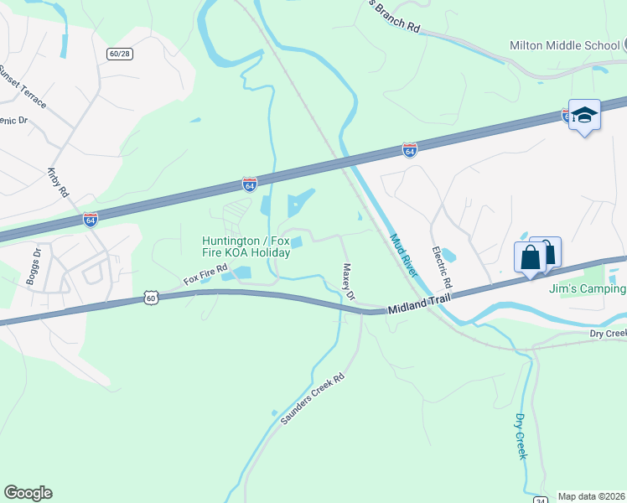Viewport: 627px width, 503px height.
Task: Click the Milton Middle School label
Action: tap(562, 45)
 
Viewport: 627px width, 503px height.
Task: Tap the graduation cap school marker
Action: tap(584, 116)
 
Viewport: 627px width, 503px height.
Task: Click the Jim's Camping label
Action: tap(587, 289)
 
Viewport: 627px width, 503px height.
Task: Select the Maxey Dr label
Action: tap(349, 283)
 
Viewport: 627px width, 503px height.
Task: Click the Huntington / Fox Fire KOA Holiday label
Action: tap(246, 246)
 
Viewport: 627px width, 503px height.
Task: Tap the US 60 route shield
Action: tap(150, 298)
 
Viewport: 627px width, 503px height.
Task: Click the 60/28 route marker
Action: tap(119, 54)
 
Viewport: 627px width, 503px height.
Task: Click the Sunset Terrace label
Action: tap(23, 87)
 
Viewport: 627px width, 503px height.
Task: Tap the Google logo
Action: tap(28, 493)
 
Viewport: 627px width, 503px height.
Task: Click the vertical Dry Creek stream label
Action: tap(520, 436)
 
